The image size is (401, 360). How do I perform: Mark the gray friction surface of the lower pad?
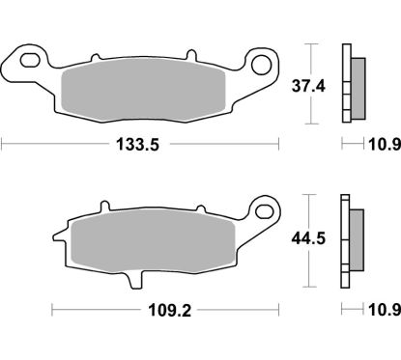tap(145, 239)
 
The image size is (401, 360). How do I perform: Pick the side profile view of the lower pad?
tap(351, 239)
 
